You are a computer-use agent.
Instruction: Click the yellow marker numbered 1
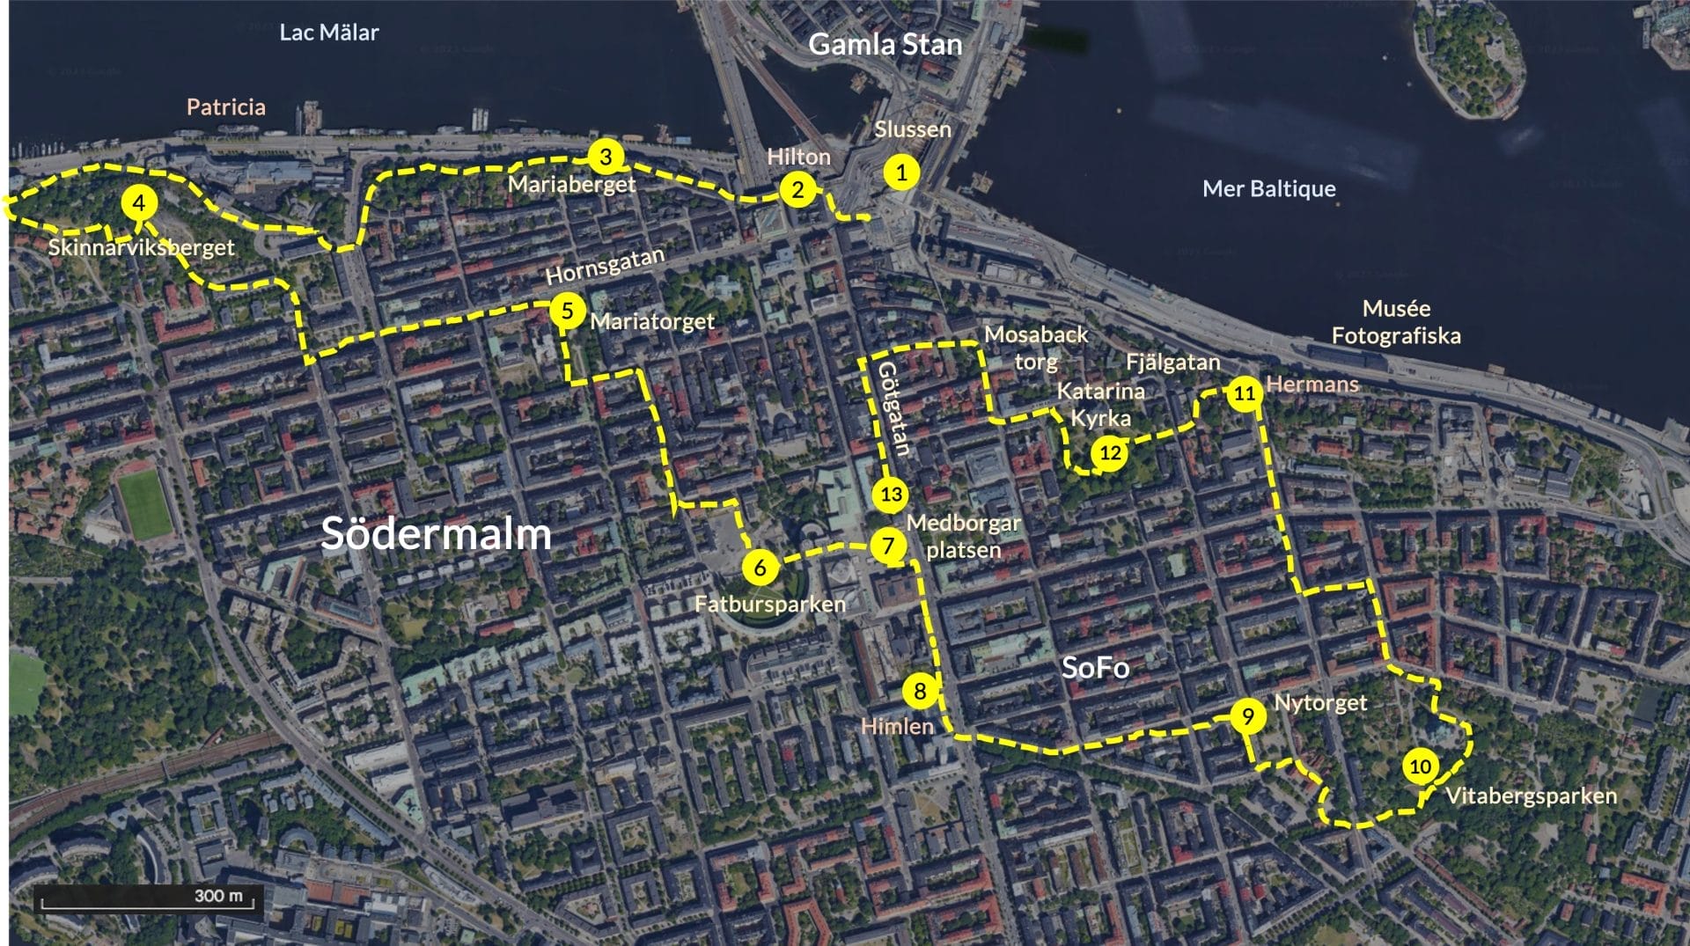pyautogui.click(x=900, y=172)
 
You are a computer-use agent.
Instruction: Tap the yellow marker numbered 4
pyautogui.click(x=138, y=203)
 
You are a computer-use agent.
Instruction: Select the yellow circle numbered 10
pyautogui.click(x=1420, y=766)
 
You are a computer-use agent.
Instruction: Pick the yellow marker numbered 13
pyautogui.click(x=891, y=494)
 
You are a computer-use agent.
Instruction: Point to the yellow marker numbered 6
pyautogui.click(x=760, y=568)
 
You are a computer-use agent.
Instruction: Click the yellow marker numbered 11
pyautogui.click(x=1244, y=392)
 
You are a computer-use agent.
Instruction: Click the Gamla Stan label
pyautogui.click(x=885, y=44)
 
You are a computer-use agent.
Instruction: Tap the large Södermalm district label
pyautogui.click(x=436, y=533)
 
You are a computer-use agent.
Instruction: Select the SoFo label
pyautogui.click(x=1095, y=667)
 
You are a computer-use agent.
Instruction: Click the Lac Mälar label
pyautogui.click(x=328, y=33)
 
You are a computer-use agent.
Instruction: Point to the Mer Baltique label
pyautogui.click(x=1268, y=188)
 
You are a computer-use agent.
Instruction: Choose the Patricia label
pyautogui.click(x=225, y=107)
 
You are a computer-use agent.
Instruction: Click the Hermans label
pyautogui.click(x=1312, y=384)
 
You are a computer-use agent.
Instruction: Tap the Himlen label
pyautogui.click(x=896, y=726)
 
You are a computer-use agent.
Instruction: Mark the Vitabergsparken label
pyautogui.click(x=1531, y=796)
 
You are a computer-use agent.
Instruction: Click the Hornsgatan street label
pyautogui.click(x=605, y=266)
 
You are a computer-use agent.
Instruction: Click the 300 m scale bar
pyautogui.click(x=148, y=898)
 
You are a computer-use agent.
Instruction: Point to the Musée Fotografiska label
pyautogui.click(x=1395, y=321)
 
